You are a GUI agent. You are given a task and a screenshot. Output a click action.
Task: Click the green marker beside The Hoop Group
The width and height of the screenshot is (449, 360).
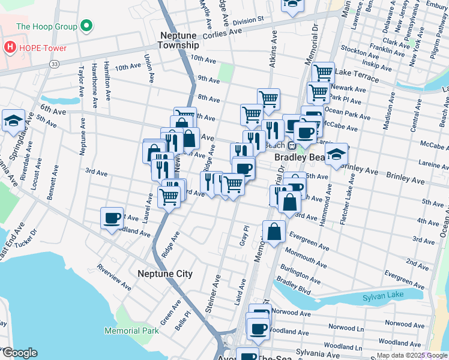click(86, 26)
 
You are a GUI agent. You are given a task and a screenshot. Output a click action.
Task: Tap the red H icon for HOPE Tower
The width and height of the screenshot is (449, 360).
click(10, 46)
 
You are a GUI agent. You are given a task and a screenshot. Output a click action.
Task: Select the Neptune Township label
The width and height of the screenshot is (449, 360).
click(178, 40)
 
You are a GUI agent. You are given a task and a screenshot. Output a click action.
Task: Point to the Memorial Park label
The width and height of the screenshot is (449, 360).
click(131, 331)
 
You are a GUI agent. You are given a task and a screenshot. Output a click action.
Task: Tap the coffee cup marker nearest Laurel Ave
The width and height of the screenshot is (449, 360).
click(112, 219)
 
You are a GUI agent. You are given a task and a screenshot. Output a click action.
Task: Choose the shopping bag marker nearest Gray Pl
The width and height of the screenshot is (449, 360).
click(274, 232)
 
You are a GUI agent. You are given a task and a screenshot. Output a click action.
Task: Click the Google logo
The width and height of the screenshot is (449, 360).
click(20, 353)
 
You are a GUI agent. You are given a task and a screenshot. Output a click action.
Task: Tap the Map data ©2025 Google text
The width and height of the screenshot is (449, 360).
click(411, 355)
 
